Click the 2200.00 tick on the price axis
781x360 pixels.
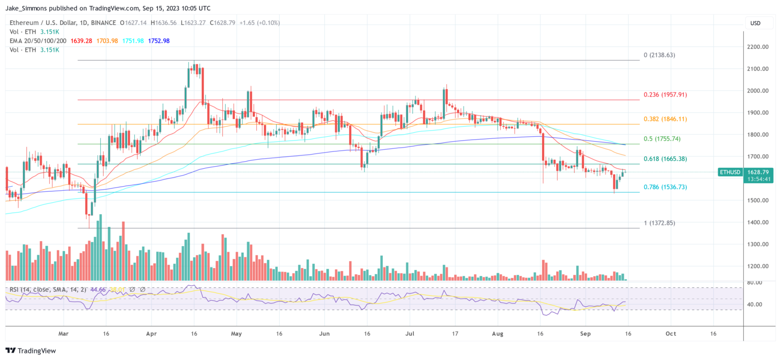coord(758,47)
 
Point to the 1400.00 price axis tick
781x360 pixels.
coord(758,222)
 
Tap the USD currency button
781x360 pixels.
coord(756,23)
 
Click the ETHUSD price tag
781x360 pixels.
coord(730,172)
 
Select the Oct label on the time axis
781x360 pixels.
coord(671,334)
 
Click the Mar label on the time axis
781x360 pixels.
coord(64,334)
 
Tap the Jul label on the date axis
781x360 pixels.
coord(410,334)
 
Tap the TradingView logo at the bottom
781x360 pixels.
coord(31,351)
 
